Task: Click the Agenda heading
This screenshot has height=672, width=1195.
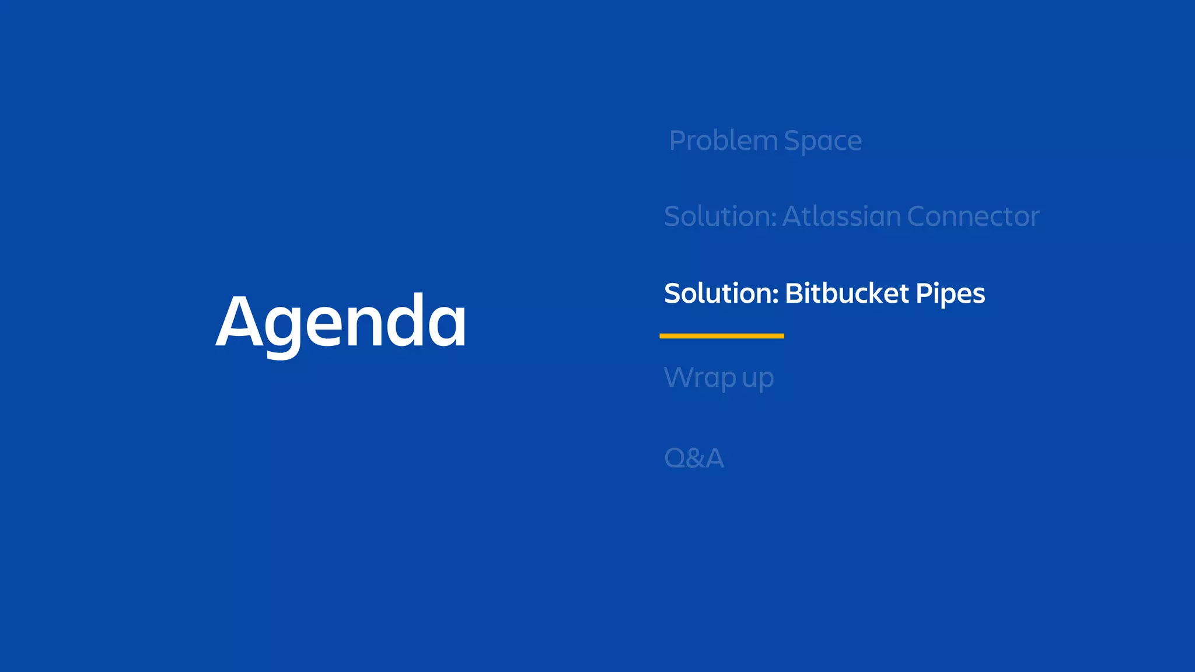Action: tap(341, 322)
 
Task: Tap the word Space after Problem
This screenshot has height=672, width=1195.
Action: tap(822, 142)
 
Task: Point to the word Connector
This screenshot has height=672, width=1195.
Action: tap(973, 216)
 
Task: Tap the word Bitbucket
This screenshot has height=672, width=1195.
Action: tap(847, 293)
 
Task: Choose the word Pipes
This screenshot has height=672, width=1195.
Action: tap(951, 294)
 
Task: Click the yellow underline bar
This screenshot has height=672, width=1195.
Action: tap(721, 336)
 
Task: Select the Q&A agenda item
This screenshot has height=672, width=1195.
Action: tap(694, 458)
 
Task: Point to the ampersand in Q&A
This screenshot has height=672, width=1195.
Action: tap(694, 459)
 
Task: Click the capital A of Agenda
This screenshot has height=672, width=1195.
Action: tap(239, 322)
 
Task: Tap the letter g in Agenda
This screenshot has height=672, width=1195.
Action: tap(283, 327)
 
